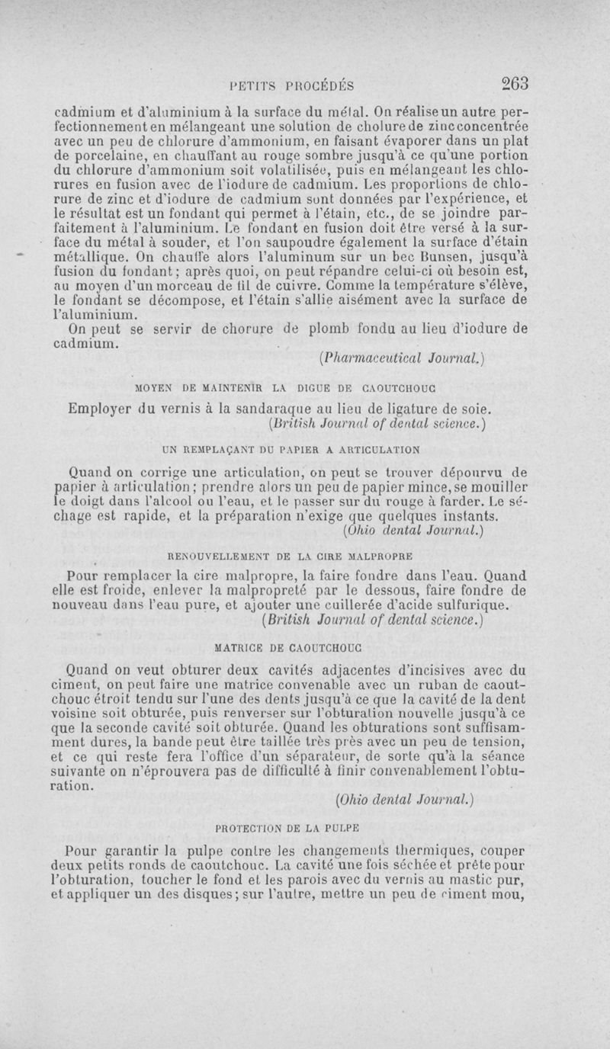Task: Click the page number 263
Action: point(515,82)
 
